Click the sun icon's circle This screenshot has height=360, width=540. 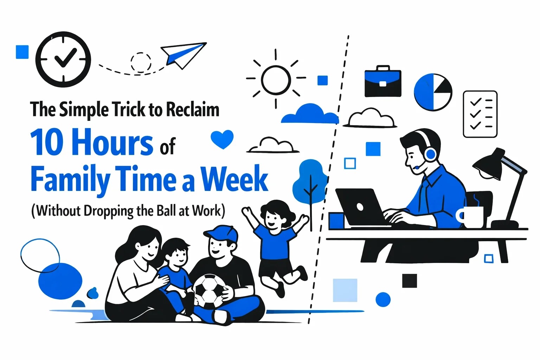(x=276, y=80)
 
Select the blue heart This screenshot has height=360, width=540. (x=222, y=139)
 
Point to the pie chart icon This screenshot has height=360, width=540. (x=432, y=92)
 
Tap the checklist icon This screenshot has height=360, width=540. (x=480, y=114)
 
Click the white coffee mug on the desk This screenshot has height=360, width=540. (x=471, y=217)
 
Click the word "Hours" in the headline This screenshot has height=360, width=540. (x=112, y=142)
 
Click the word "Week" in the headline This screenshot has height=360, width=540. (x=234, y=179)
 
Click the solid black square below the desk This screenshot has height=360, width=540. (x=409, y=281)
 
